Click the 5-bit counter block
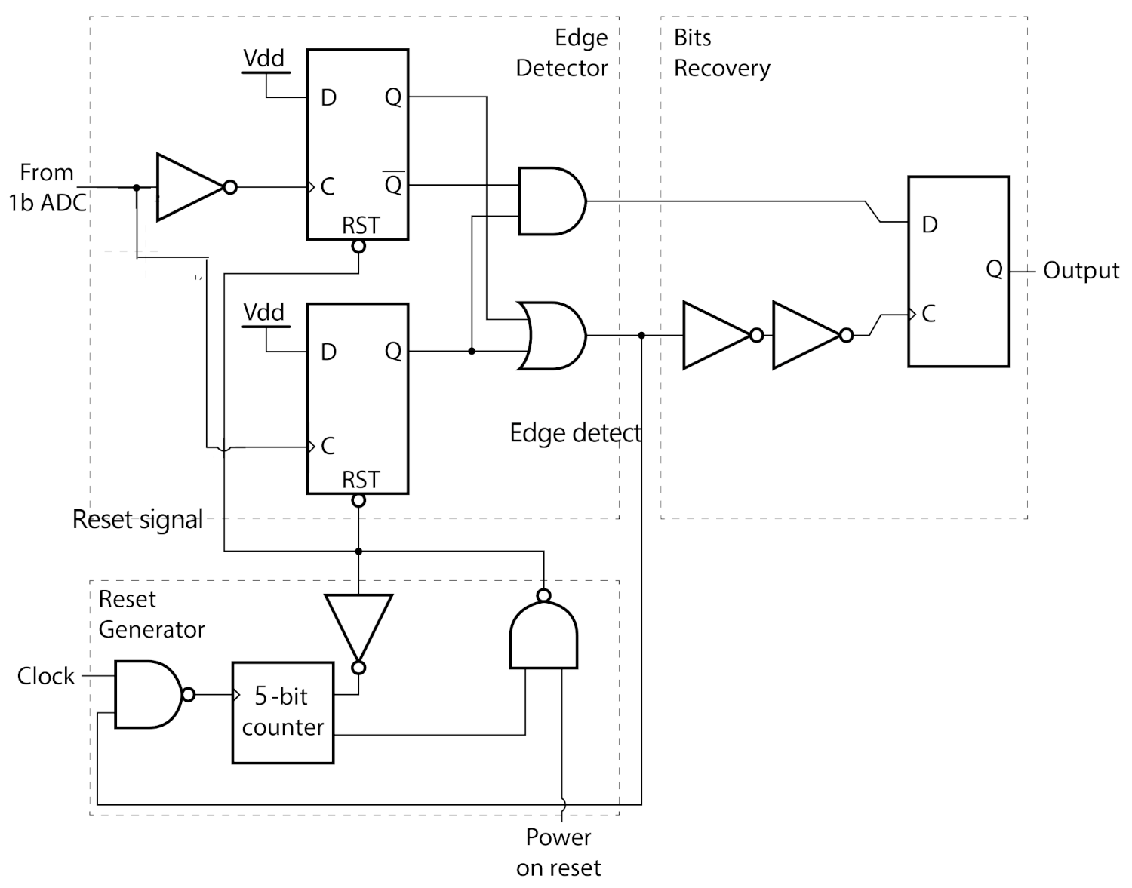tap(282, 712)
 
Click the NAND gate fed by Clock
tap(148, 694)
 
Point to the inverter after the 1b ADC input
tap(190, 187)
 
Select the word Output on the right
tap(1081, 271)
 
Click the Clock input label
tap(46, 676)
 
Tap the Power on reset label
tap(558, 853)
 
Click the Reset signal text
tap(137, 520)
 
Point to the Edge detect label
tap(575, 433)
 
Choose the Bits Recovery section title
tap(721, 53)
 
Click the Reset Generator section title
tap(151, 614)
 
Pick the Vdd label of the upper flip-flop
tap(263, 58)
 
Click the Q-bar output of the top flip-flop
tap(393, 183)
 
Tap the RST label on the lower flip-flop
tap(361, 480)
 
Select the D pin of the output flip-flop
tap(930, 225)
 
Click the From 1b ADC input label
tap(47, 188)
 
